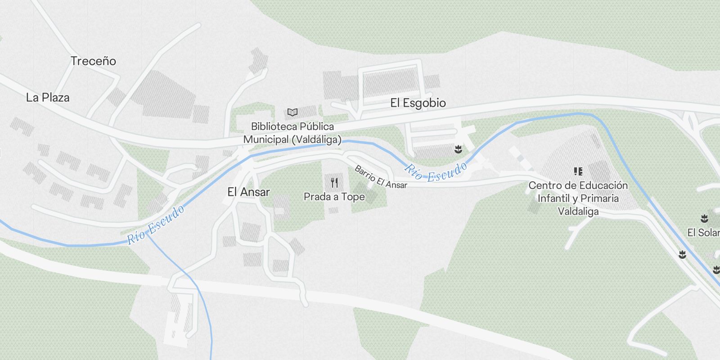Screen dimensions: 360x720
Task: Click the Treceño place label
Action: click(93, 61)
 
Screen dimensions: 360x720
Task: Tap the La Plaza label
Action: click(48, 98)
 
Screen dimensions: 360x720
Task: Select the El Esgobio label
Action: click(418, 103)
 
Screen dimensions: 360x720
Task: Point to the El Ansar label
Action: click(248, 192)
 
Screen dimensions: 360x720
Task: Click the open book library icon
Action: click(292, 112)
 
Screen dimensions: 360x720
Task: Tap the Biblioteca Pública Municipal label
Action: click(292, 133)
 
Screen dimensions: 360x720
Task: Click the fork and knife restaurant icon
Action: click(334, 183)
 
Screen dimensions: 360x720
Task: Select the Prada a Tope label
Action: click(334, 197)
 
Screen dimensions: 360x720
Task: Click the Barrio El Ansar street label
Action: click(380, 177)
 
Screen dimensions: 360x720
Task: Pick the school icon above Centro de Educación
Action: click(578, 171)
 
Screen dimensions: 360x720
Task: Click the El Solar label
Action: click(703, 233)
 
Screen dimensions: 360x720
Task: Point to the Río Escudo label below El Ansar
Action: click(156, 225)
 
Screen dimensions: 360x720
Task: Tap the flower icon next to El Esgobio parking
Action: click(458, 149)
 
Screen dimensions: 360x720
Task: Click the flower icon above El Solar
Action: click(704, 219)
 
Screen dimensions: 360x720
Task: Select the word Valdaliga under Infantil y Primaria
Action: click(578, 211)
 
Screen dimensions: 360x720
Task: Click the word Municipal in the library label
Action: click(265, 139)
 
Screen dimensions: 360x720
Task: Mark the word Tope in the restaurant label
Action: click(353, 197)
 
